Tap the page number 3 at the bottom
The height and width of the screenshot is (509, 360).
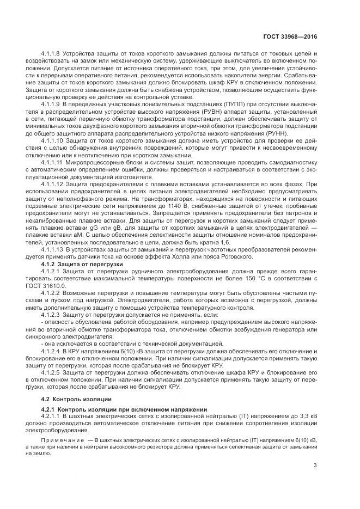coord(315,464)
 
